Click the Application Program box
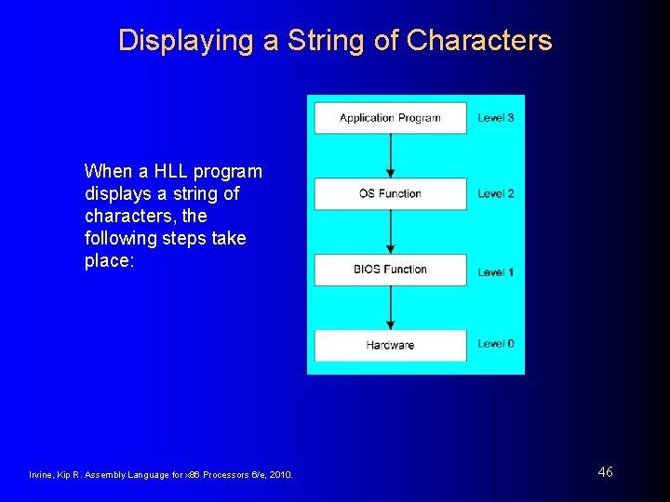390,118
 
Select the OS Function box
390,193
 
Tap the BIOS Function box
390,270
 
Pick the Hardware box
390,345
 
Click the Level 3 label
496,118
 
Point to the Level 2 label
496,193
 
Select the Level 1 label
496,271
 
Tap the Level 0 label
496,344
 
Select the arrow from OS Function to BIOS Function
390,231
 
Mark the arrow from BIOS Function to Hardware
390,308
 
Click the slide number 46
605,472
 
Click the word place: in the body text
110,260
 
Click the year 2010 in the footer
279,475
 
